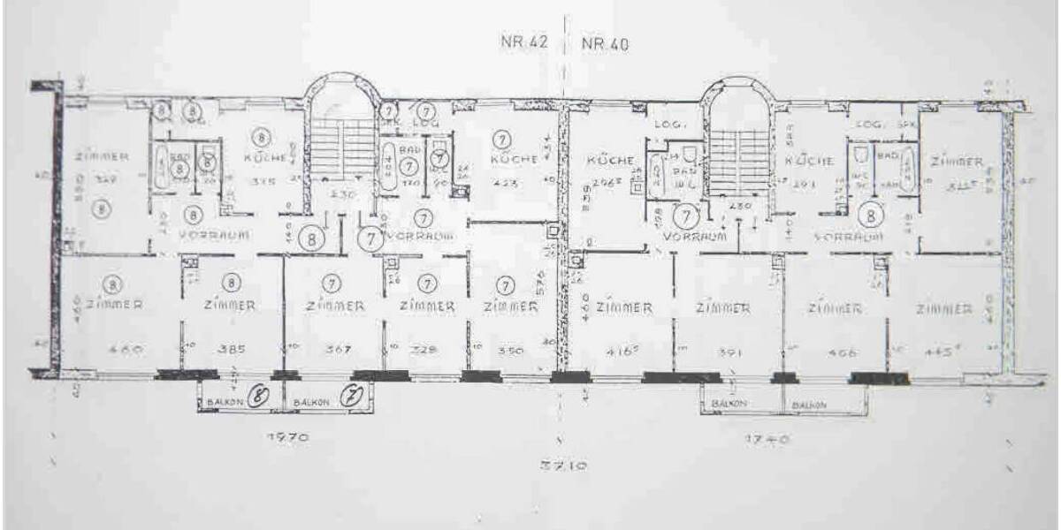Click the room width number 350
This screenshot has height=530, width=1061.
pyautogui.click(x=505, y=350)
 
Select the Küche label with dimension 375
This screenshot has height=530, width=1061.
pyautogui.click(x=264, y=158)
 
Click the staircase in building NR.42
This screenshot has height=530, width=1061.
pyautogui.click(x=340, y=151)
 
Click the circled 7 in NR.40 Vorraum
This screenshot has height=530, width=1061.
pyautogui.click(x=685, y=214)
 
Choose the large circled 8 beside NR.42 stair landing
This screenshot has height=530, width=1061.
pyautogui.click(x=310, y=237)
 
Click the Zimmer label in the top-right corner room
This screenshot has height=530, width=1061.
pyautogui.click(x=956, y=162)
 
